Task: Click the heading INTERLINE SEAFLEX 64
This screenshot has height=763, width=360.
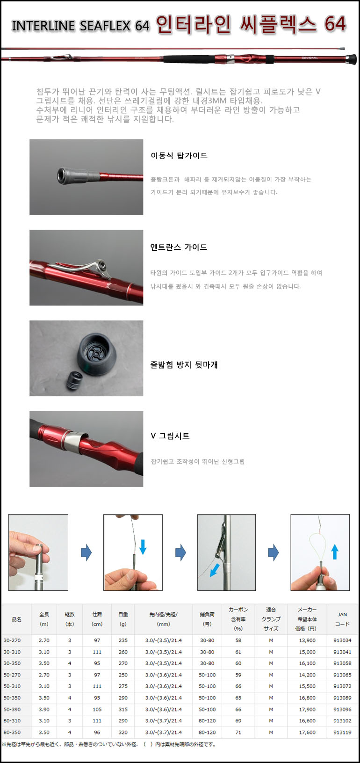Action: pos(80,26)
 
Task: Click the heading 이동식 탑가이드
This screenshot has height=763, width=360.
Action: pos(179,156)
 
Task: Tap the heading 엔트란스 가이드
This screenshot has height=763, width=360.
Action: pos(179,247)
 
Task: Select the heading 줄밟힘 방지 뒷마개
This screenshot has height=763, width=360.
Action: pos(184,365)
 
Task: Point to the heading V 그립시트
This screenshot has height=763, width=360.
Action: pos(170,436)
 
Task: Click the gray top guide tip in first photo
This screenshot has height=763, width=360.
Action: pos(78,176)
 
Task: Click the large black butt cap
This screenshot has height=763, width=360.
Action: pos(96,355)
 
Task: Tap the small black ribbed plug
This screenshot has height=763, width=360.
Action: pos(74,381)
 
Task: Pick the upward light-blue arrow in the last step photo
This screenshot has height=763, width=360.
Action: pos(335,552)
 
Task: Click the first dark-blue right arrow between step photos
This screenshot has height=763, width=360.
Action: pos(86,552)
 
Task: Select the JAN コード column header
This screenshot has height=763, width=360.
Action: pos(342,619)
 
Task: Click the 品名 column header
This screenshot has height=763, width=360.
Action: pos(16,619)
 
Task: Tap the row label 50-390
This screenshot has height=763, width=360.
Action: pos(12,709)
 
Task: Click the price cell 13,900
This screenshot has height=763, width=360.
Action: pos(307,640)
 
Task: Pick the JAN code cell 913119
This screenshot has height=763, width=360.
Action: pos(342,732)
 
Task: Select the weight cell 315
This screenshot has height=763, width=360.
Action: pos(123,709)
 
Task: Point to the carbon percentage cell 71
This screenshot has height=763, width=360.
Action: pos(238,732)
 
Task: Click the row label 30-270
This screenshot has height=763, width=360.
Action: pos(12,640)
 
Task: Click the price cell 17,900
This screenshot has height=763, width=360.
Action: pos(307,709)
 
